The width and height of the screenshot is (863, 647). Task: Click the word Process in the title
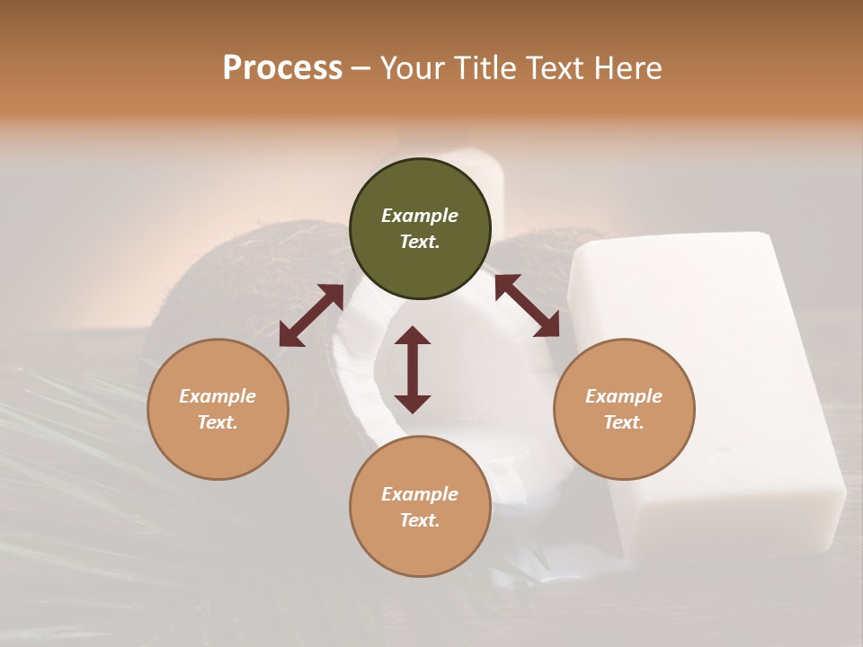[282, 68]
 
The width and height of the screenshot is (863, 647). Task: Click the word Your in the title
[414, 68]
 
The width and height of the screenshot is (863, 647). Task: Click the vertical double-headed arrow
[413, 369]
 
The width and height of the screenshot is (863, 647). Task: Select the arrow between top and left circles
[311, 315]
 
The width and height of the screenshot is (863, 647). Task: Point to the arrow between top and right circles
[527, 306]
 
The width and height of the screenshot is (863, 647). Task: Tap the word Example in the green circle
[420, 216]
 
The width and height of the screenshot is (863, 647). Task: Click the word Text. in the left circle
[218, 422]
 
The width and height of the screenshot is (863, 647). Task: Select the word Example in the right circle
[624, 396]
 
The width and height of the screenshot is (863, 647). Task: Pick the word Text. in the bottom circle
[420, 520]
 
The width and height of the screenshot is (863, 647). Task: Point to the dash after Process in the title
[360, 69]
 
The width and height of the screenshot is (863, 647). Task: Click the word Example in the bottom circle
[420, 494]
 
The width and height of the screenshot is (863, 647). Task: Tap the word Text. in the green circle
[420, 242]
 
